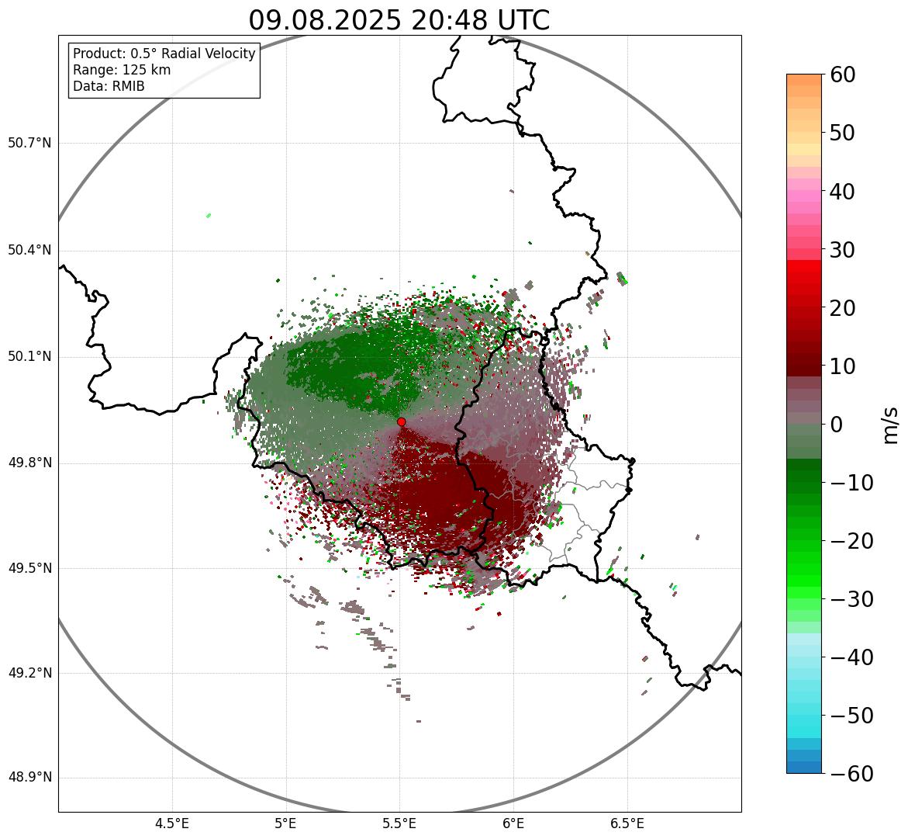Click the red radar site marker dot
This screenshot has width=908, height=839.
(401, 421)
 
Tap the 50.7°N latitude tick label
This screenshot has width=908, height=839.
(29, 143)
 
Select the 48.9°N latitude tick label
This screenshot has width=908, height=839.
(29, 778)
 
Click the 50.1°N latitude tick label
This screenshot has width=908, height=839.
(29, 357)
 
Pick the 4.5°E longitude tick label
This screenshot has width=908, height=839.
(172, 823)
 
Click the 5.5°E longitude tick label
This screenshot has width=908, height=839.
(399, 823)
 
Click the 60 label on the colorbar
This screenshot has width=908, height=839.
(843, 75)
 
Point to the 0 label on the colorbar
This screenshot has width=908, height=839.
(837, 425)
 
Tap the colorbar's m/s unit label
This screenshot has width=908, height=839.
(891, 425)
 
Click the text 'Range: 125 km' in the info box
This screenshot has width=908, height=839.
(122, 70)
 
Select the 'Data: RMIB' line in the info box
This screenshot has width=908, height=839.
(109, 86)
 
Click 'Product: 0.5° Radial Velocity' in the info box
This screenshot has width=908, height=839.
(164, 54)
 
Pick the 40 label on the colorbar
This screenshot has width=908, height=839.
(843, 191)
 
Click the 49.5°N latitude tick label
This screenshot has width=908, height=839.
(29, 568)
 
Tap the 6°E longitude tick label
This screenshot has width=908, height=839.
(513, 823)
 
